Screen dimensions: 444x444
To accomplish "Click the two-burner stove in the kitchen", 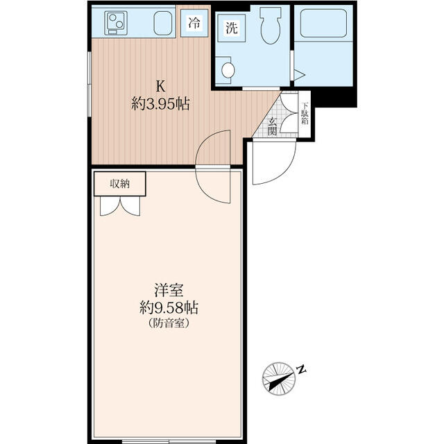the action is point(116,23).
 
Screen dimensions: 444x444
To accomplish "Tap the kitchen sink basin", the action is point(163,23).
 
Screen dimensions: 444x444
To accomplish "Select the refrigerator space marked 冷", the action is point(194,23).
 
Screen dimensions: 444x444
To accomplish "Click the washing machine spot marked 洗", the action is point(232,28).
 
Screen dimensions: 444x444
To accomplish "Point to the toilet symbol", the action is point(271,26).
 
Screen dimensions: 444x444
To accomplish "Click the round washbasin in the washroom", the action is point(228,70).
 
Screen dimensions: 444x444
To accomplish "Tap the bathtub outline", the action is point(323,24).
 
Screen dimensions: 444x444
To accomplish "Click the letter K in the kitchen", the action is point(161,87).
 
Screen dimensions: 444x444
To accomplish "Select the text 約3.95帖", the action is point(160,104).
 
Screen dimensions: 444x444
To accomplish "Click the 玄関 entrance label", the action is point(272,126).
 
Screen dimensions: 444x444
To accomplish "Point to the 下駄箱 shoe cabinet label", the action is point(305,113).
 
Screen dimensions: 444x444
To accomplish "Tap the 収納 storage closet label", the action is point(120,184).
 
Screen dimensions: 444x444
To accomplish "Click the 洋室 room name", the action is point(169,290).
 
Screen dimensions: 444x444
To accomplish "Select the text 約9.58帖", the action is point(169,308).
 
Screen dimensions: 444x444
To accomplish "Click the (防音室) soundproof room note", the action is point(169,323).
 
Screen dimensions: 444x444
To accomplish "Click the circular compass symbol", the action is point(279,378).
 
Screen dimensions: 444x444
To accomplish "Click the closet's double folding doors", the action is point(120,206).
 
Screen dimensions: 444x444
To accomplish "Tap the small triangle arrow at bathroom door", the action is point(299,76).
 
